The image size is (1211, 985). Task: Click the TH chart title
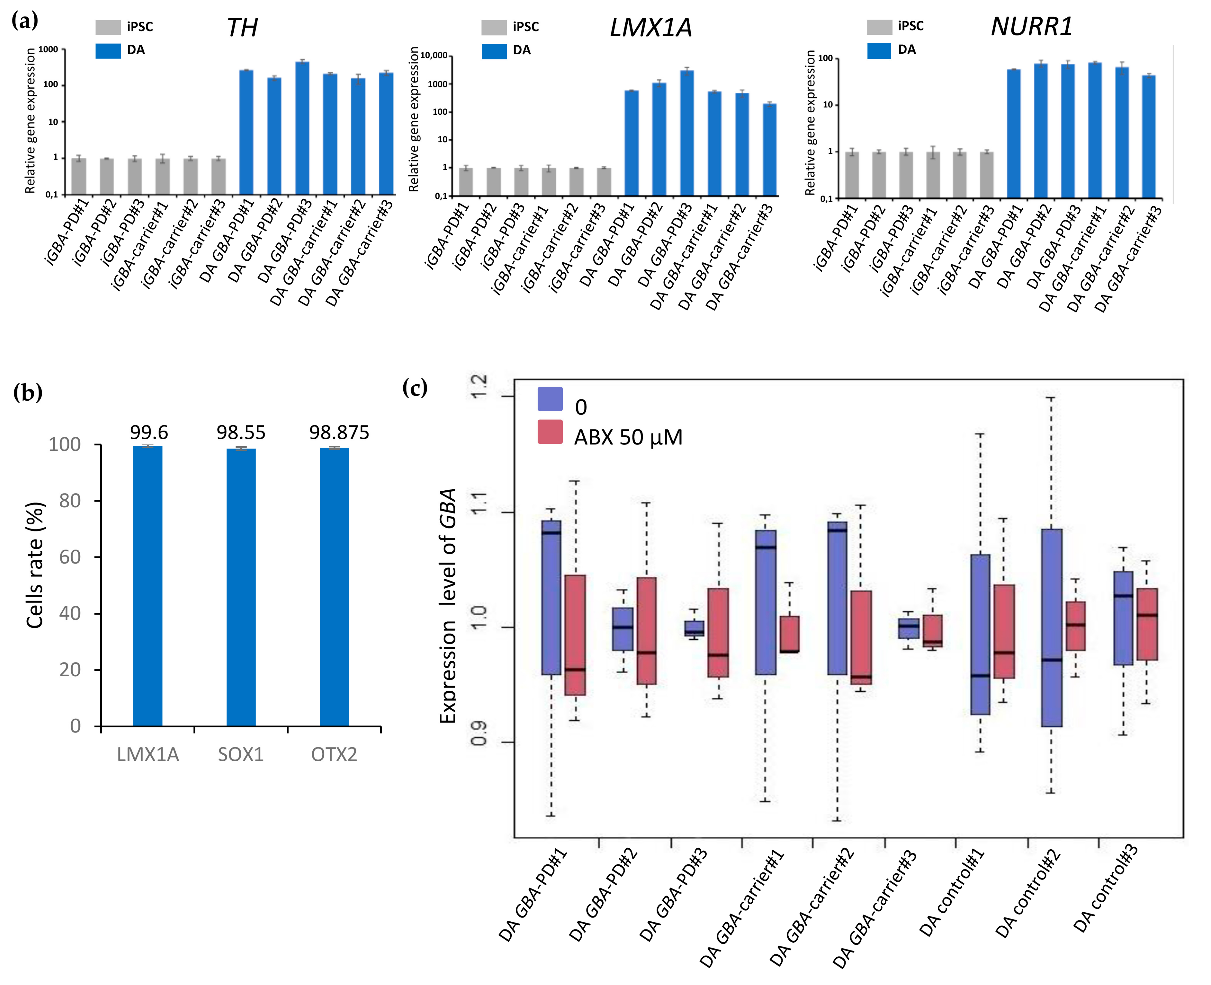click(242, 27)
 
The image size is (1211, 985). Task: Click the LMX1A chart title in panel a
click(651, 27)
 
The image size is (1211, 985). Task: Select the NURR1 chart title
click(1032, 26)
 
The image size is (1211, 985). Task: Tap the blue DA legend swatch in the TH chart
click(108, 50)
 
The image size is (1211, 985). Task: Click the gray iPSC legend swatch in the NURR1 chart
click(879, 27)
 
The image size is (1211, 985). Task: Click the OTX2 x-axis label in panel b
click(334, 755)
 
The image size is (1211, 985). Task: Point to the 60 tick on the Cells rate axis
click(70, 557)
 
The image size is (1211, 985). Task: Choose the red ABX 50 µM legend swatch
click(550, 432)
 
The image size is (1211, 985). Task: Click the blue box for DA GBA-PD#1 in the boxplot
click(551, 598)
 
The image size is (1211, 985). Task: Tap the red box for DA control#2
click(1075, 626)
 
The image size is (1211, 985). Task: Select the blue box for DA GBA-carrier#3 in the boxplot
click(909, 628)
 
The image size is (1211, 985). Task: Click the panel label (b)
click(28, 392)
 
